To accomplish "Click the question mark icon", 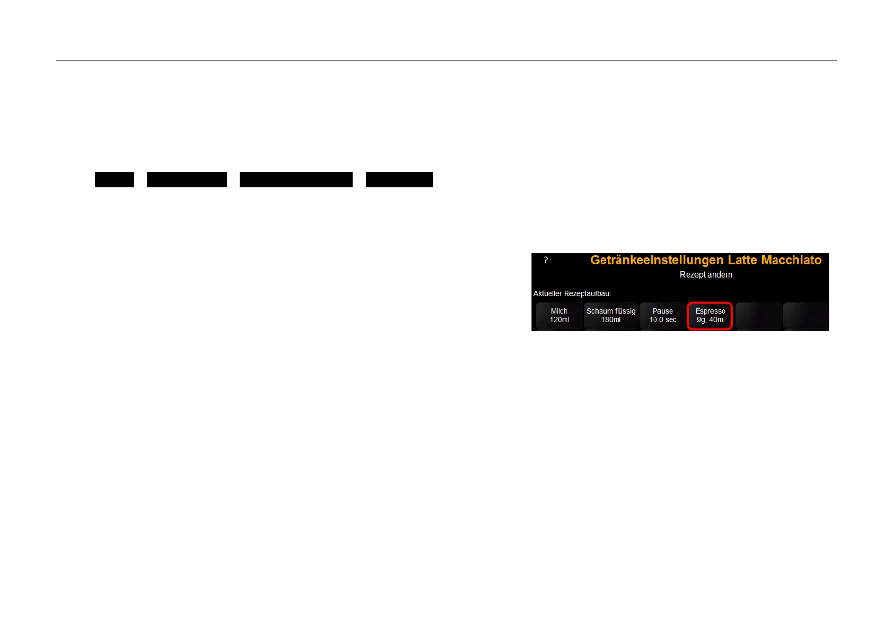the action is coord(546,260).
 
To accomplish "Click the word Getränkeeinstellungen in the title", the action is coord(656,260).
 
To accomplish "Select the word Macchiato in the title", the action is coord(791,260).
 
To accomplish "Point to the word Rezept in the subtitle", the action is coord(693,275).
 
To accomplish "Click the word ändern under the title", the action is coord(721,275).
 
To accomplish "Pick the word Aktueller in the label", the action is coord(548,293).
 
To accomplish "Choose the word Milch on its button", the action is coord(559,311).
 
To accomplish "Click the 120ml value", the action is coord(559,320).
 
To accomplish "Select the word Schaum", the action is coord(599,311).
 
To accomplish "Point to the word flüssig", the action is coord(625,311).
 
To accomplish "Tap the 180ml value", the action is coord(611,320).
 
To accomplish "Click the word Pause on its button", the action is coord(662,311).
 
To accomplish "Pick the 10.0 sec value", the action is coord(662,320).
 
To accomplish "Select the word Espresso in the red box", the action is coord(710,311).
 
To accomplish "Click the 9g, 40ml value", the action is coord(710,320).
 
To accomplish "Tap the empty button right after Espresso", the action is coord(758,316).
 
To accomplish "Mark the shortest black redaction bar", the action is coord(115,179).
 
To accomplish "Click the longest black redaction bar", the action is coord(296,179).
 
